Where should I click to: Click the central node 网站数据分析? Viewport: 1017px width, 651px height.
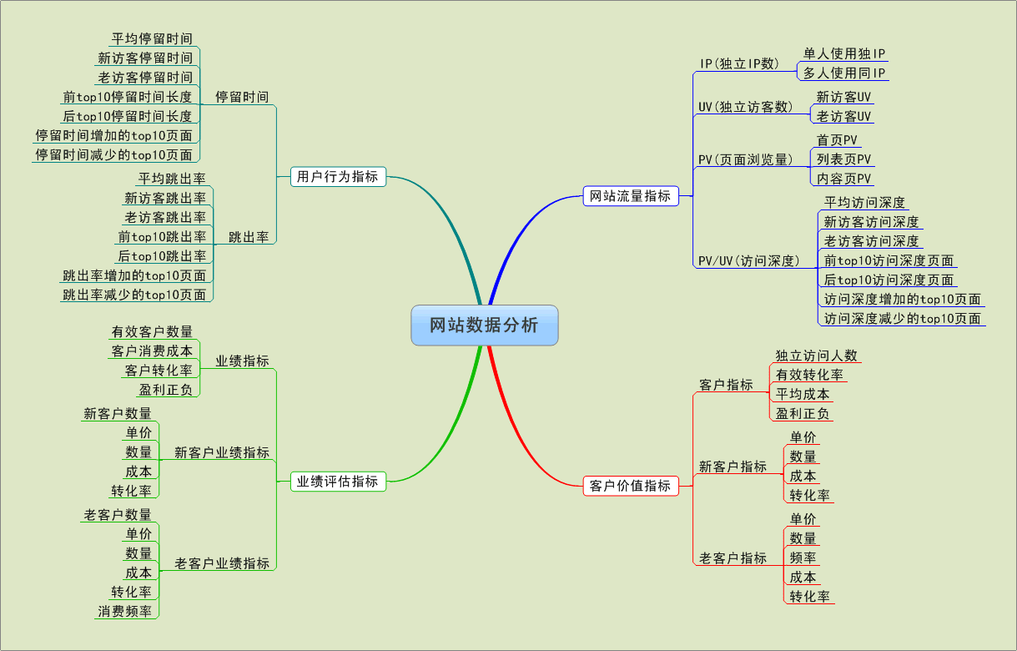pyautogui.click(x=484, y=325)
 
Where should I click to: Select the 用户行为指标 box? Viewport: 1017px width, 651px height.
pyautogui.click(x=338, y=176)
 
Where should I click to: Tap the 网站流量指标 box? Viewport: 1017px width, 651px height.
pyautogui.click(x=630, y=196)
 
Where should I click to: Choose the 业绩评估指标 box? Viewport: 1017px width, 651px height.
pyautogui.click(x=338, y=481)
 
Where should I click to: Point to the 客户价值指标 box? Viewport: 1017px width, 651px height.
pyautogui.click(x=630, y=485)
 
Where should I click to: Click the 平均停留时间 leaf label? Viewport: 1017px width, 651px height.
pyautogui.click(x=152, y=38)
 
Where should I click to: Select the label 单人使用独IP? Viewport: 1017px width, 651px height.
pyautogui.click(x=843, y=53)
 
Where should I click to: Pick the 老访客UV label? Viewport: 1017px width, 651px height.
pyautogui.click(x=843, y=116)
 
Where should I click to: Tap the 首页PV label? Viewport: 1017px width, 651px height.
pyautogui.click(x=837, y=139)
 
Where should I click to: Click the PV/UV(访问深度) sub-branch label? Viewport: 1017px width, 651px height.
pyautogui.click(x=748, y=261)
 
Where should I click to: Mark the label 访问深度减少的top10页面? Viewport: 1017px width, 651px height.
pyautogui.click(x=902, y=318)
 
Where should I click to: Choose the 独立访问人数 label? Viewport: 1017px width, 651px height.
pyautogui.click(x=816, y=356)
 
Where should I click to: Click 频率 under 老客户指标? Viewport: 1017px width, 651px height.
pyautogui.click(x=803, y=558)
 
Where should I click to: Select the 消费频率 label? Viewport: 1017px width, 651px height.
pyautogui.click(x=125, y=611)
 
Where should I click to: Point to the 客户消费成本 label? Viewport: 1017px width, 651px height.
pyautogui.click(x=152, y=351)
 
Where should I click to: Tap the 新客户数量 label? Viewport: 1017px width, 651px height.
pyautogui.click(x=118, y=413)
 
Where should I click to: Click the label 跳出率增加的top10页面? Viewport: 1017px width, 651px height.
pyautogui.click(x=134, y=275)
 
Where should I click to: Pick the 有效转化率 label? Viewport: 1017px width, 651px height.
pyautogui.click(x=808, y=375)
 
